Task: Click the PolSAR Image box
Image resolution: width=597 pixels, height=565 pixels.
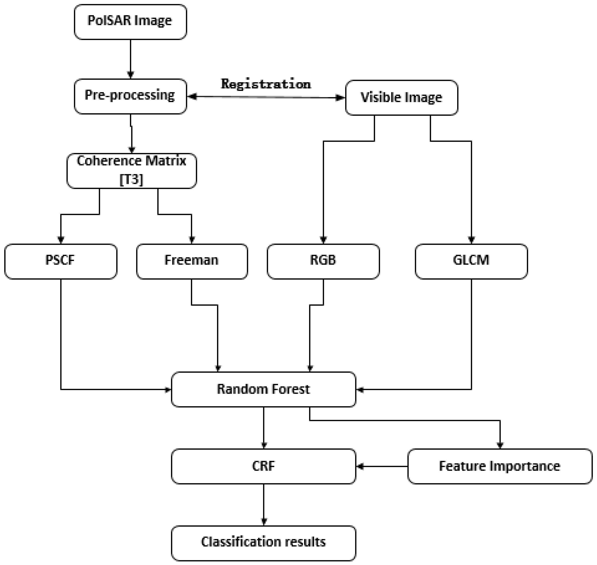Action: pyautogui.click(x=130, y=22)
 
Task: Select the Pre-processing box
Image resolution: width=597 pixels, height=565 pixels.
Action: pyautogui.click(x=130, y=96)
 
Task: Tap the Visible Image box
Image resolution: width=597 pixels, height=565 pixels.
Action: pyautogui.click(x=401, y=98)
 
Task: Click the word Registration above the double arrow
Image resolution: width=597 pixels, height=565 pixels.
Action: pyautogui.click(x=266, y=84)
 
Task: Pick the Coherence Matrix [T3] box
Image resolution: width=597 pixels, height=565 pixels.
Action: pyautogui.click(x=132, y=171)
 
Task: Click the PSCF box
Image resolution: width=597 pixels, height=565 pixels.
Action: pyautogui.click(x=61, y=261)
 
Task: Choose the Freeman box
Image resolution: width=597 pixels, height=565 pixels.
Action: pyautogui.click(x=192, y=261)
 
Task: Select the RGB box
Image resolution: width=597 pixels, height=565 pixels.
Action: pyautogui.click(x=323, y=261)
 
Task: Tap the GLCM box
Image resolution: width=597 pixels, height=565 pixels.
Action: pyautogui.click(x=471, y=261)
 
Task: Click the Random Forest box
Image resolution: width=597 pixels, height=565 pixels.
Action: pyautogui.click(x=263, y=389)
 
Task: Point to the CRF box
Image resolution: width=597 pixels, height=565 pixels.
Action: pyautogui.click(x=263, y=466)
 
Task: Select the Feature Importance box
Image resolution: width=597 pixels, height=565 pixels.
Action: pyautogui.click(x=500, y=466)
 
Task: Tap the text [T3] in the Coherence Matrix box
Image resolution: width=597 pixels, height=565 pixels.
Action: pyautogui.click(x=131, y=180)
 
